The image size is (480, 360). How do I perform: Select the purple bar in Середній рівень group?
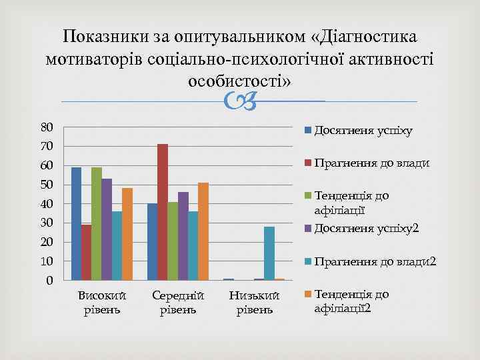click(x=183, y=236)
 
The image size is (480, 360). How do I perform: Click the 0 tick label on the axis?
click(x=50, y=281)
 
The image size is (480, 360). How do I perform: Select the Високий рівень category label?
click(x=102, y=302)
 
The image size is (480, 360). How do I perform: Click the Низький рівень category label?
click(x=254, y=302)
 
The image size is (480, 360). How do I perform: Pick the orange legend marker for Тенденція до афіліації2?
click(x=308, y=294)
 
